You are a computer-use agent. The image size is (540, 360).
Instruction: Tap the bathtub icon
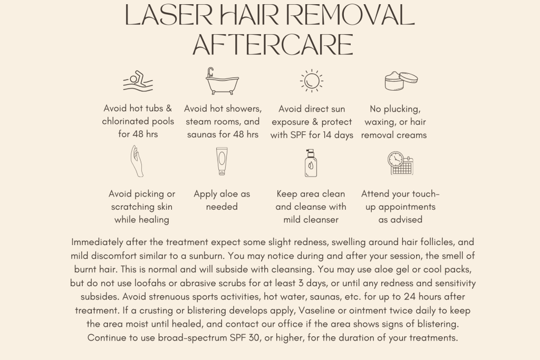point(222,81)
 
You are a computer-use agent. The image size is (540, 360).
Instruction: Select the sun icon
point(312,81)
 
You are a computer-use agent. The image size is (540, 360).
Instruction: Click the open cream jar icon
point(401,81)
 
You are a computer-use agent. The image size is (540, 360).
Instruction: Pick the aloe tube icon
point(222,162)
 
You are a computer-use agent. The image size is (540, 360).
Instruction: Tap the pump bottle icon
point(311,162)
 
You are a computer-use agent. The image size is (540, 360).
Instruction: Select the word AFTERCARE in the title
point(273,45)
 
